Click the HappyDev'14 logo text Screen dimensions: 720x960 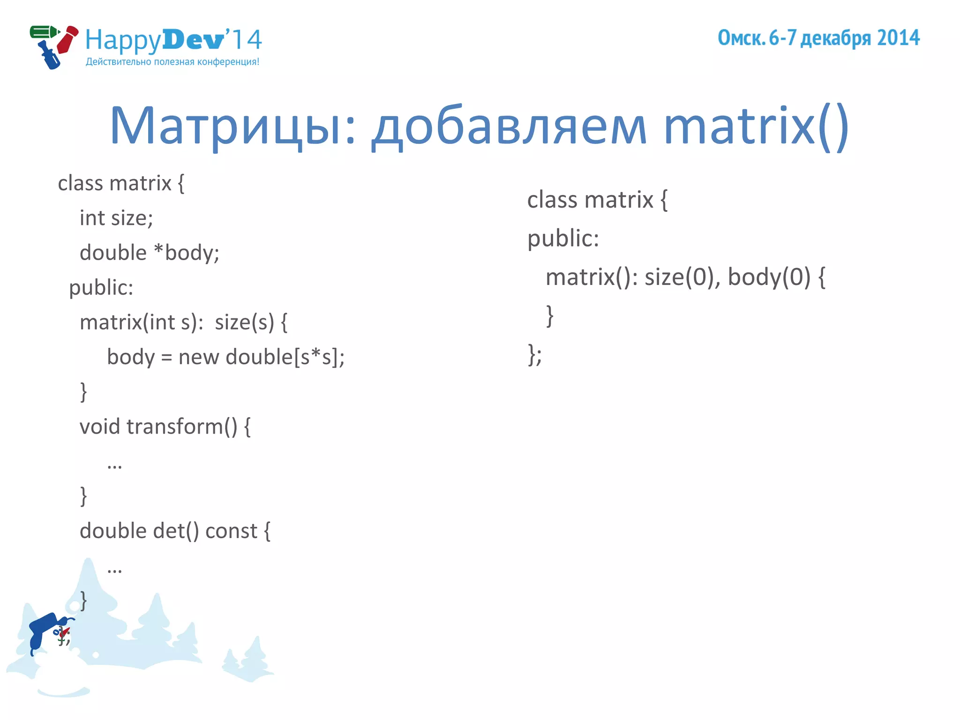pyautogui.click(x=173, y=40)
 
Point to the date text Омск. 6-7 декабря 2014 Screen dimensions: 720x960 pyautogui.click(x=818, y=38)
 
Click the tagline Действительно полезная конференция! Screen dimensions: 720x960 pyautogui.click(x=172, y=62)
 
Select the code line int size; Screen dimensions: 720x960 pyautogui.click(x=116, y=218)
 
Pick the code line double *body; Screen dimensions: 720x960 pyautogui.click(x=150, y=253)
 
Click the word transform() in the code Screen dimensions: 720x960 pyautogui.click(x=182, y=427)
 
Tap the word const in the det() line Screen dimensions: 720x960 pyautogui.click(x=231, y=531)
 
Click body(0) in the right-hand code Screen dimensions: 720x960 pyautogui.click(x=769, y=277)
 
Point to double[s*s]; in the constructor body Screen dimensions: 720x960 pyautogui.click(x=285, y=357)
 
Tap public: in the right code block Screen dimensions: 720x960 pyautogui.click(x=563, y=239)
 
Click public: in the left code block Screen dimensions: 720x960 pyautogui.click(x=101, y=287)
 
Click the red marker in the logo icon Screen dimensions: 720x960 pyautogui.click(x=67, y=40)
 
